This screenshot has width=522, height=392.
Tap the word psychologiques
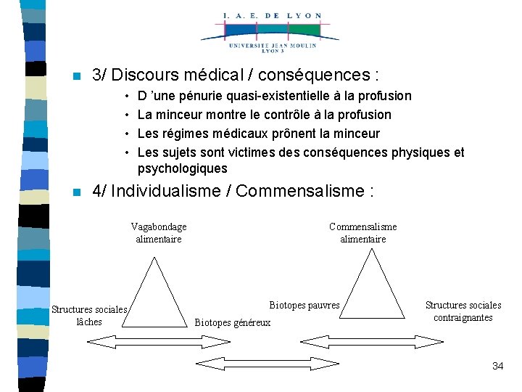(182, 169)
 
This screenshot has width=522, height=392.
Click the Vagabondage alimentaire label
(159, 233)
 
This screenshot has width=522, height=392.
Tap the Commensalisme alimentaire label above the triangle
(363, 233)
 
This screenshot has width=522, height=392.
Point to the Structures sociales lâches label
(89, 316)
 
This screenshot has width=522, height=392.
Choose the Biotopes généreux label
(233, 322)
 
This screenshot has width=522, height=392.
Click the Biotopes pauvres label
(304, 306)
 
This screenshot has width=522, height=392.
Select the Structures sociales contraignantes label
(463, 311)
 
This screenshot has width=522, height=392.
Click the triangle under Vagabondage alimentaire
(154, 290)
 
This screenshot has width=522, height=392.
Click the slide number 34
(497, 366)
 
